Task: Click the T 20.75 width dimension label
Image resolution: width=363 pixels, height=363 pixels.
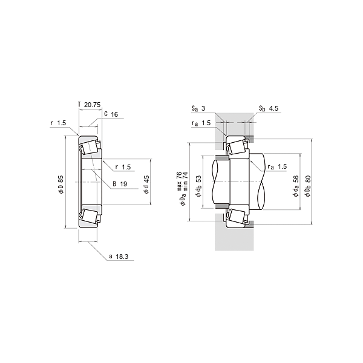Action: pyautogui.click(x=88, y=105)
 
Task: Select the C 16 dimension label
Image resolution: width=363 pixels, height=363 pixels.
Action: pyautogui.click(x=110, y=113)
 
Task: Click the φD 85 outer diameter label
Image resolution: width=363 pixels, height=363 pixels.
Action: pyautogui.click(x=60, y=186)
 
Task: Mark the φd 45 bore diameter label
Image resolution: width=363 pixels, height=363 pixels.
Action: pyautogui.click(x=146, y=186)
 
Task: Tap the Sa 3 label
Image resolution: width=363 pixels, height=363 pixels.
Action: pyautogui.click(x=199, y=108)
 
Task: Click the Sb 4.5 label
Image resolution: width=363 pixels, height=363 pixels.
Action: pyautogui.click(x=268, y=108)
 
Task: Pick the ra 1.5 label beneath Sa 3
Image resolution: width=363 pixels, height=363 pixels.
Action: pyautogui.click(x=201, y=123)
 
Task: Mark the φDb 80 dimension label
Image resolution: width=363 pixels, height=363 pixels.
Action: pyautogui.click(x=308, y=185)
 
